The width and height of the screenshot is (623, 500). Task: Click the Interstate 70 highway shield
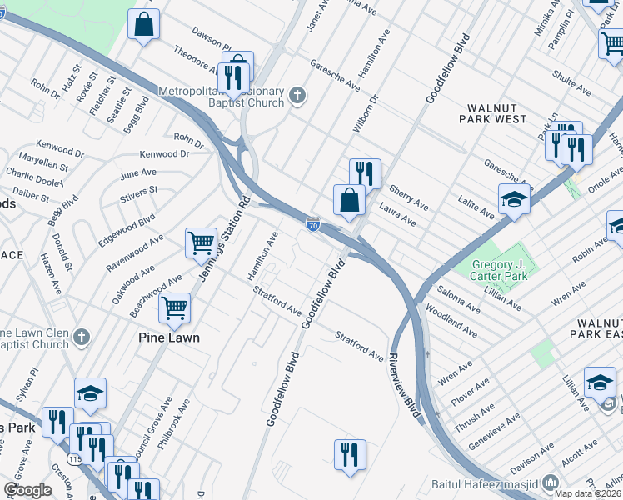point(312,224)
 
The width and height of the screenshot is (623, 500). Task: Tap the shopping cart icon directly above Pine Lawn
point(175,307)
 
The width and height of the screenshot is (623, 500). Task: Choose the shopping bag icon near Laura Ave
point(349,200)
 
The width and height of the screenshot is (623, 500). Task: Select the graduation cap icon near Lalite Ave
point(514,200)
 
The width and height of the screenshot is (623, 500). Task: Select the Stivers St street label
point(139,194)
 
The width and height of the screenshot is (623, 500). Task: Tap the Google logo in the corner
point(27,490)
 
